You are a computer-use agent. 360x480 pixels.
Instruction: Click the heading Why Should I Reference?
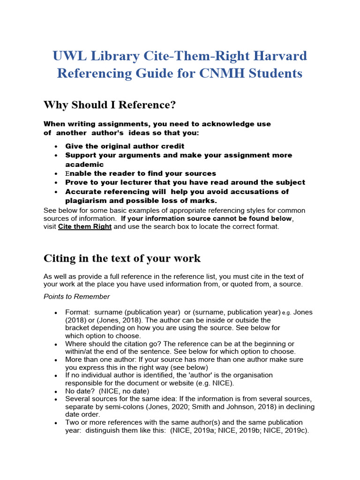point(110,105)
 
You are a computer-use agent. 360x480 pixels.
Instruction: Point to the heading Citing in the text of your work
point(122,258)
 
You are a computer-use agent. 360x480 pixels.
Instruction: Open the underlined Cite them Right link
point(85,226)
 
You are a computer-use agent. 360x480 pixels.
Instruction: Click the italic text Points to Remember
point(77,296)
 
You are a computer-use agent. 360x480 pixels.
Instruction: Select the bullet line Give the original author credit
point(125,146)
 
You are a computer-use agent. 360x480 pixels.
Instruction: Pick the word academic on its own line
point(84,165)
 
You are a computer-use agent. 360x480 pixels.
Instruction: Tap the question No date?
point(80,391)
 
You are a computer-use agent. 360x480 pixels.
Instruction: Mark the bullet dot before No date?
point(56,391)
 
